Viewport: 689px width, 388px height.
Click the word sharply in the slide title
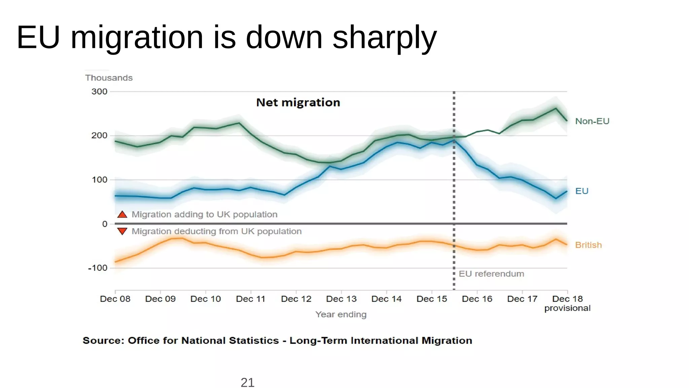tap(385, 38)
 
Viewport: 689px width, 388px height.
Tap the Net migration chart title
tap(298, 102)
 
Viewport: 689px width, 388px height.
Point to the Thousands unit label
tap(109, 78)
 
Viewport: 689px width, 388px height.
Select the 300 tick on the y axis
tap(99, 92)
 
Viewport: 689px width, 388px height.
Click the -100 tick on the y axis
tap(98, 268)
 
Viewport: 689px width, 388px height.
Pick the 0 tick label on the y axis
tap(105, 224)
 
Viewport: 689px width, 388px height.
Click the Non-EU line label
tap(592, 121)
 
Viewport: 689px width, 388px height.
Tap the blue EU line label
tap(582, 191)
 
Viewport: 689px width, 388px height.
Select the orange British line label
tap(588, 245)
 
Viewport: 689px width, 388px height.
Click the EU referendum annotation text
tap(491, 274)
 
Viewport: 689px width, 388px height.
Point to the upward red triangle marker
tap(122, 215)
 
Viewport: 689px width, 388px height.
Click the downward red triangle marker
tap(122, 231)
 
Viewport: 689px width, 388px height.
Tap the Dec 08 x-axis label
tap(115, 299)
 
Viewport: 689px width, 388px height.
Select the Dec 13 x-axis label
tap(341, 299)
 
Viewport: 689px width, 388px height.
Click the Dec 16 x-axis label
tap(477, 299)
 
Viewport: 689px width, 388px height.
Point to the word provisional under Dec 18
tap(567, 308)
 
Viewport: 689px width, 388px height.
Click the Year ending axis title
tap(341, 314)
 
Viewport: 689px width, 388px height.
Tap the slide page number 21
tap(248, 383)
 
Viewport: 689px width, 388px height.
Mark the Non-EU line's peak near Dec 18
tap(555, 108)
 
